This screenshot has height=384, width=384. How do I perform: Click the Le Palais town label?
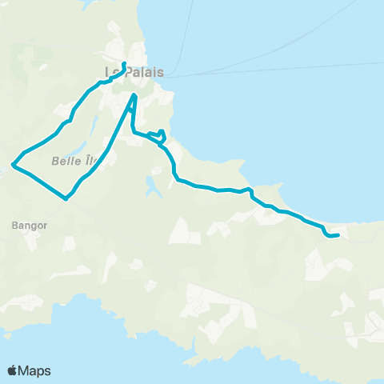pos(134,72)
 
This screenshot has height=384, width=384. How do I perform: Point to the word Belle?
pos(65,161)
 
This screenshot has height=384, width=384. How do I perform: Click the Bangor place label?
pos(30,226)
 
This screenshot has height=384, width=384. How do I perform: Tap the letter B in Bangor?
pos(16,226)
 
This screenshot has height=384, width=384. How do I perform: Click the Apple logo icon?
pos(13,370)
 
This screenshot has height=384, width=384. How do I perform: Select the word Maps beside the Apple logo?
pos(35,370)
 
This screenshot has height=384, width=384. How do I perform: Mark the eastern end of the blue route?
pos(338,235)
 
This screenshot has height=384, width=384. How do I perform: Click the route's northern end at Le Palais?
pos(124,63)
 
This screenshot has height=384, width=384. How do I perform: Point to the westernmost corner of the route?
pos(12,166)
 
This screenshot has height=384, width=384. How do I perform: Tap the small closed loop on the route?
pos(159,137)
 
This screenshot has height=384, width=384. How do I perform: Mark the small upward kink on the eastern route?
pos(250,190)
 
